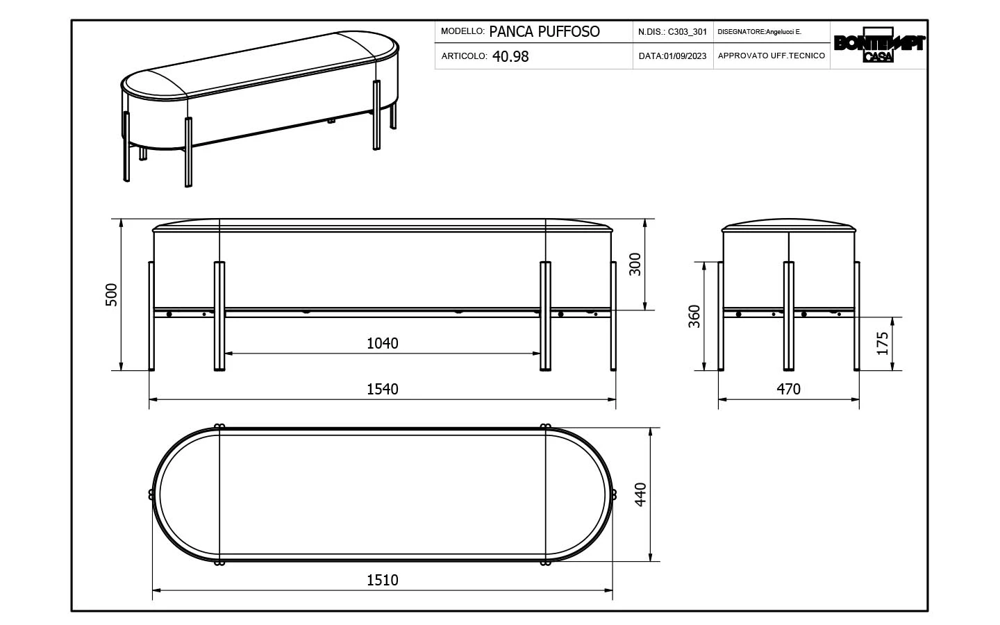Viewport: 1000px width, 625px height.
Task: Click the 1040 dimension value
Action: pos(382,343)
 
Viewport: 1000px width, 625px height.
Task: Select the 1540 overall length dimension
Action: pos(382,390)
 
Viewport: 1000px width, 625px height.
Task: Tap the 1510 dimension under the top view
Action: pos(382,580)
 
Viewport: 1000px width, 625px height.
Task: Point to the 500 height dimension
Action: pos(111,294)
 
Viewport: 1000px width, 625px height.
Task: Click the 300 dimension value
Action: pos(635,265)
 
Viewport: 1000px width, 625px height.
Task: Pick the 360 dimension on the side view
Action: pos(694,317)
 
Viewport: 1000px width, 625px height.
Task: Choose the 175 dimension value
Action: pos(883,343)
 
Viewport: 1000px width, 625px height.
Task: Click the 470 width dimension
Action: pos(788,390)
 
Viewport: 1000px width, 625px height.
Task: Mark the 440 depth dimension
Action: pos(640,494)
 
